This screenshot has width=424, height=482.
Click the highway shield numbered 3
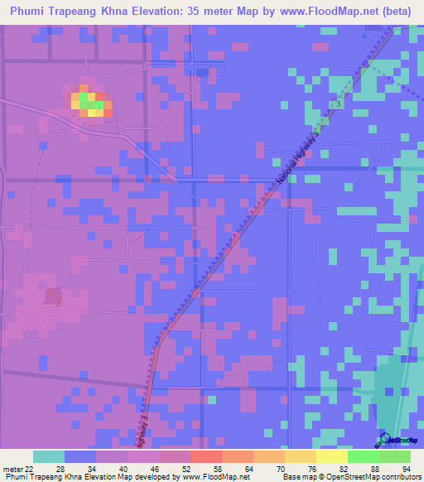340,103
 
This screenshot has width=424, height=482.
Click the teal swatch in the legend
49,456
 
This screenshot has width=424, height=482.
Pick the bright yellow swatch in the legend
332,456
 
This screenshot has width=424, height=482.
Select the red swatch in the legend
206,456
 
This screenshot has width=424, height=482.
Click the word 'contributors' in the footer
398,477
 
